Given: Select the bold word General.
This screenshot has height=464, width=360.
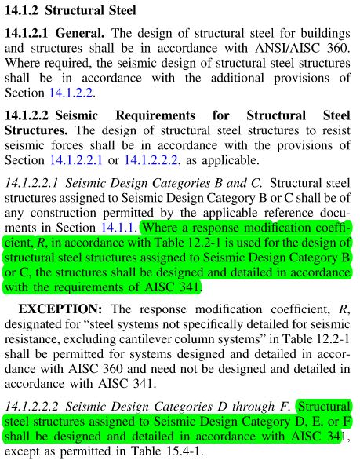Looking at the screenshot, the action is tap(82, 35).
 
